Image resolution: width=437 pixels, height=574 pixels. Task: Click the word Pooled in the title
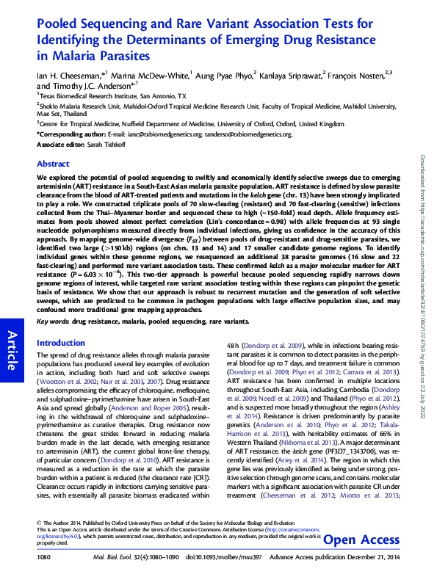pyautogui.click(x=60, y=24)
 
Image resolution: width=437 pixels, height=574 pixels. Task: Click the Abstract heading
pyautogui.click(x=53, y=164)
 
